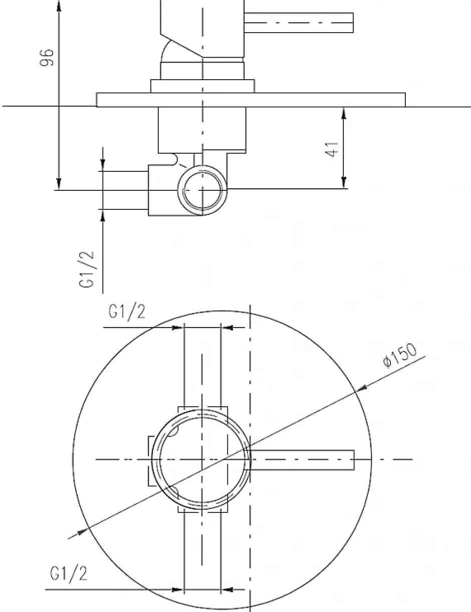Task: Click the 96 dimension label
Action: pyautogui.click(x=47, y=58)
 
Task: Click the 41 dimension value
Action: pyautogui.click(x=332, y=149)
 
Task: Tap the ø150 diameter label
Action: pyautogui.click(x=400, y=355)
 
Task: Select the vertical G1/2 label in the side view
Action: pyautogui.click(x=86, y=269)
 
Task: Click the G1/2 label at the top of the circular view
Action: pyautogui.click(x=127, y=313)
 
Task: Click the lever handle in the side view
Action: pyautogui.click(x=299, y=23)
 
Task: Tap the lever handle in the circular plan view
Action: pyautogui.click(x=302, y=460)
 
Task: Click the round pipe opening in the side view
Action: pyautogui.click(x=202, y=190)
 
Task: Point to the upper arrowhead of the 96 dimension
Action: pyautogui.click(x=59, y=6)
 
